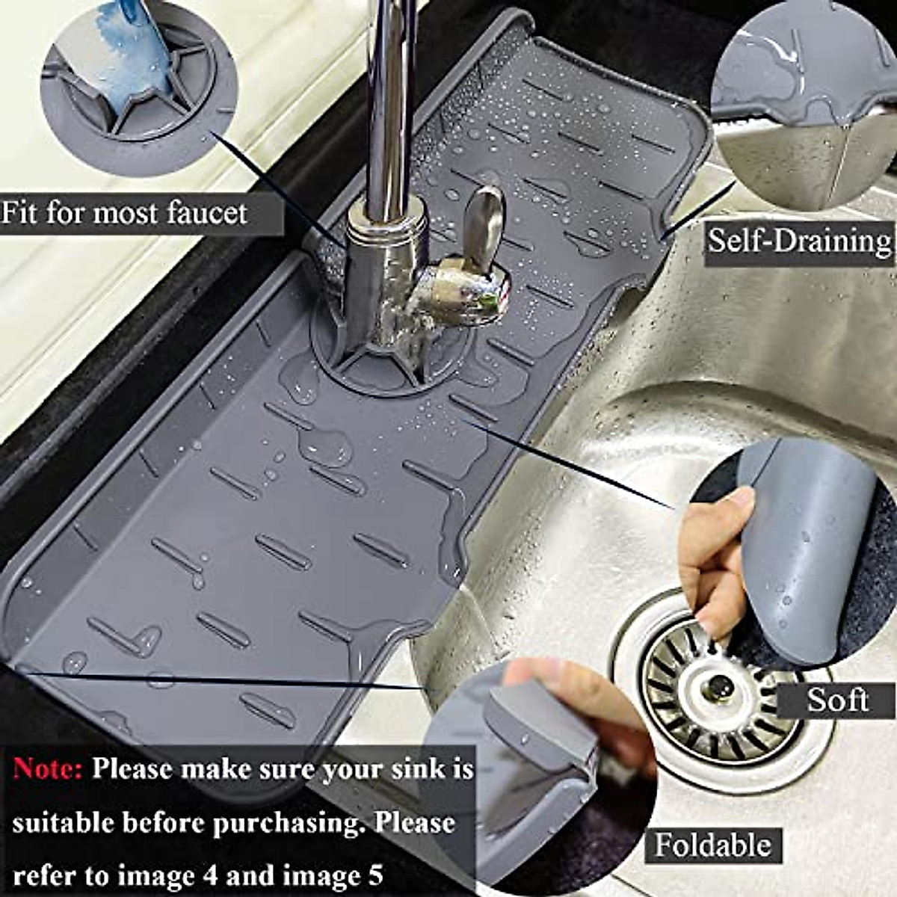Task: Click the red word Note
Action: [48, 769]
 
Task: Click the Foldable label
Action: [712, 845]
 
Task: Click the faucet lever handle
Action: [482, 224]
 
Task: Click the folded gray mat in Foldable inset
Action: [538, 762]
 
